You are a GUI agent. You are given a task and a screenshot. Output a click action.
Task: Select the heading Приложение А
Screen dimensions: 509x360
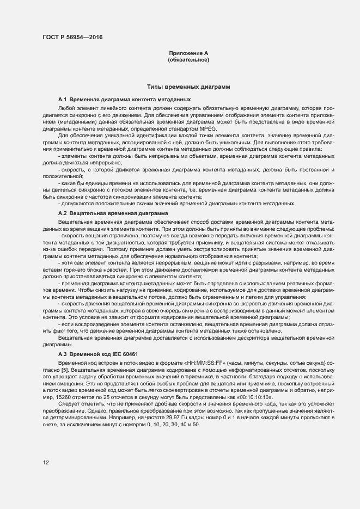(188, 53)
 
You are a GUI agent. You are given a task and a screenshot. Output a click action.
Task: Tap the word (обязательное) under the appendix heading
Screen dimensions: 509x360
(188, 60)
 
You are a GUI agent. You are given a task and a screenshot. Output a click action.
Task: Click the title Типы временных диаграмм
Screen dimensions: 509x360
(188, 87)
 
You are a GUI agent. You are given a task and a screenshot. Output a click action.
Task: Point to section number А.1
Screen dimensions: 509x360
(62, 100)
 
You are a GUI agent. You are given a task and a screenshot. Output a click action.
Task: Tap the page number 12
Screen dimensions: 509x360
(46, 463)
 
